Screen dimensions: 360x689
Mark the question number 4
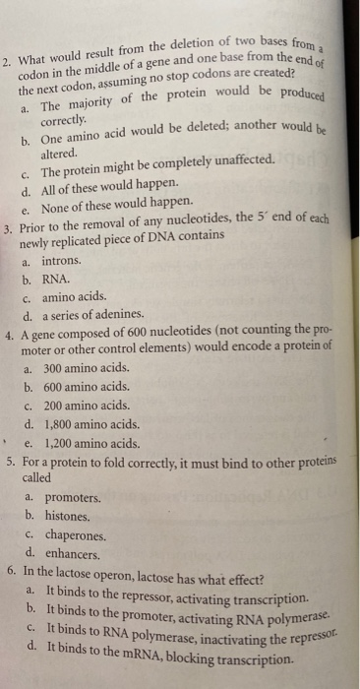click(x=9, y=334)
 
